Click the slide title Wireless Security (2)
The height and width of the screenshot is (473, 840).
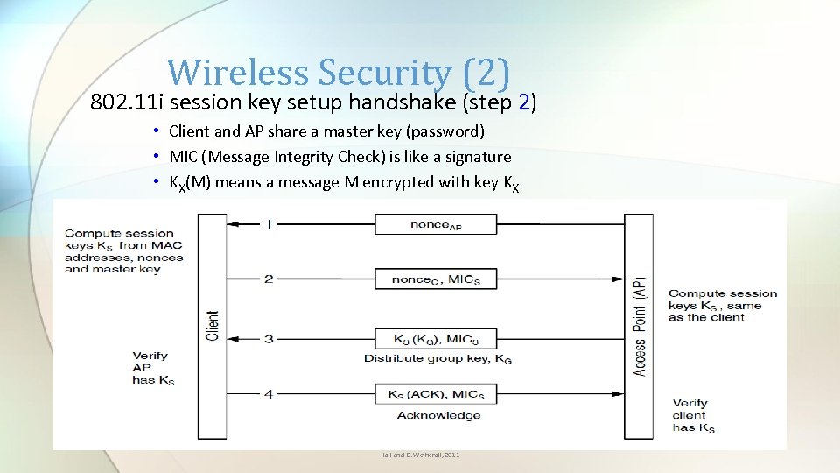coord(338,72)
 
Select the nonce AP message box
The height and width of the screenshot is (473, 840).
coord(436,224)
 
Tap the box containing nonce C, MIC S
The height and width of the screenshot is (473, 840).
coord(436,279)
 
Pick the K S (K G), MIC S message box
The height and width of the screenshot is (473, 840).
coord(436,339)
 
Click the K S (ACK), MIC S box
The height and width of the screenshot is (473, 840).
coord(436,394)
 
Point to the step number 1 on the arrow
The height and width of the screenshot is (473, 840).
coord(268,224)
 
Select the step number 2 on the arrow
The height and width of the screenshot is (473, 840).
coord(268,279)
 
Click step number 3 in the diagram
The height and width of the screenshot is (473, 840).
coord(268,339)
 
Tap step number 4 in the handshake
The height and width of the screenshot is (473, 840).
coord(268,394)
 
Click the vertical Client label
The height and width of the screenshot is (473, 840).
coord(213,325)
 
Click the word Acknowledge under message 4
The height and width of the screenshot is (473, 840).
coord(438,415)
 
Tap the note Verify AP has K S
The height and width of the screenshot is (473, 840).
coord(152,368)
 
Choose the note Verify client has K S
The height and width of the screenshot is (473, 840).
coord(693,415)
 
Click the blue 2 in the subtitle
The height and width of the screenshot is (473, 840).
coord(523,102)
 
